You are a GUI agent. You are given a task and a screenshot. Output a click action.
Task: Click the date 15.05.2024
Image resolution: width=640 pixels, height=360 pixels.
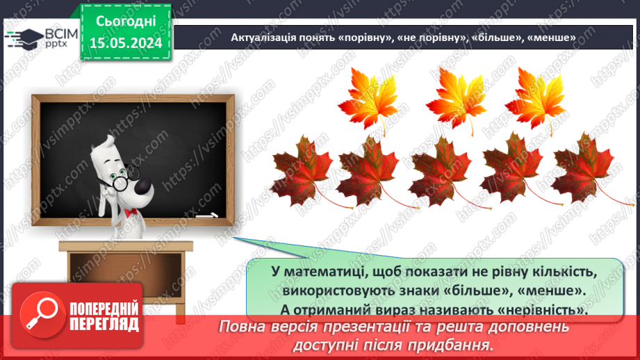(126, 43)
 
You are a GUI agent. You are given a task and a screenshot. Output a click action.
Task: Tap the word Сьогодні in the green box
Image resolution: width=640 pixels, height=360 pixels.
(126, 23)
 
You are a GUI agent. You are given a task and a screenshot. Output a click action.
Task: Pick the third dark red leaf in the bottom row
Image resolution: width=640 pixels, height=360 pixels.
(441, 170)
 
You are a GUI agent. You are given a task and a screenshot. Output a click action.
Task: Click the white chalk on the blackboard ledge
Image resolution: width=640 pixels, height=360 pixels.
(207, 216)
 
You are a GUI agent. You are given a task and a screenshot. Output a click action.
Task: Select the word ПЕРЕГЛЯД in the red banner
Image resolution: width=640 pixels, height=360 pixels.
(104, 323)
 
